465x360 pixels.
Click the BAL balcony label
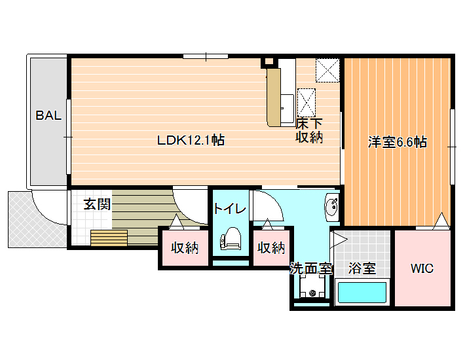tap(48, 115)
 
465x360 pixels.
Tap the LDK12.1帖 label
tap(191, 140)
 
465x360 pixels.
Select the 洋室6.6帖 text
tap(398, 142)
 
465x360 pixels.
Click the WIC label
tap(422, 268)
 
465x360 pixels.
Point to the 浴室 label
tap(362, 268)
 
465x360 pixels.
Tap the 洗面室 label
tap(311, 268)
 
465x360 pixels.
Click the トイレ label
tap(230, 209)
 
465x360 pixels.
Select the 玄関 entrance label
tap(97, 204)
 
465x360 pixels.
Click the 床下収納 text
tap(309, 130)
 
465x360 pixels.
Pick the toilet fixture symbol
tap(230, 238)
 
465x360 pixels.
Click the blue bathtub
tap(362, 293)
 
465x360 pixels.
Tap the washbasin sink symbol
tap(332, 207)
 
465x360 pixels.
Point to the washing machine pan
tap(312, 287)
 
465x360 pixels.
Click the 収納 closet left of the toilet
tap(185, 247)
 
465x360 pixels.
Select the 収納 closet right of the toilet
tap(271, 247)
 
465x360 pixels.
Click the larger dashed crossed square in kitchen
tap(327, 70)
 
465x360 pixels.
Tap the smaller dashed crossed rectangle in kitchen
tap(307, 103)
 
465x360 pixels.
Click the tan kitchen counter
tap(274, 98)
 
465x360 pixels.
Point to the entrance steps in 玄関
tap(109, 238)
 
